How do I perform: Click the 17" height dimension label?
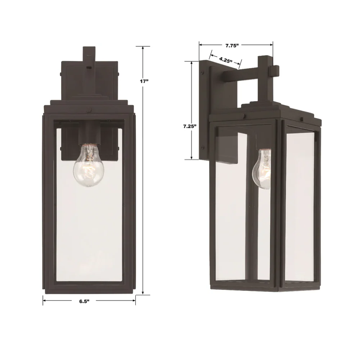144,81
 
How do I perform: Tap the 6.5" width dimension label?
84,301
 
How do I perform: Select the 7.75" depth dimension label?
232,45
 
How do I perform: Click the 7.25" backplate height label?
190,126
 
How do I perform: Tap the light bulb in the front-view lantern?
89,165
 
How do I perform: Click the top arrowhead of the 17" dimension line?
143,48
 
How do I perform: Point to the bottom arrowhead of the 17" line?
143,293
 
